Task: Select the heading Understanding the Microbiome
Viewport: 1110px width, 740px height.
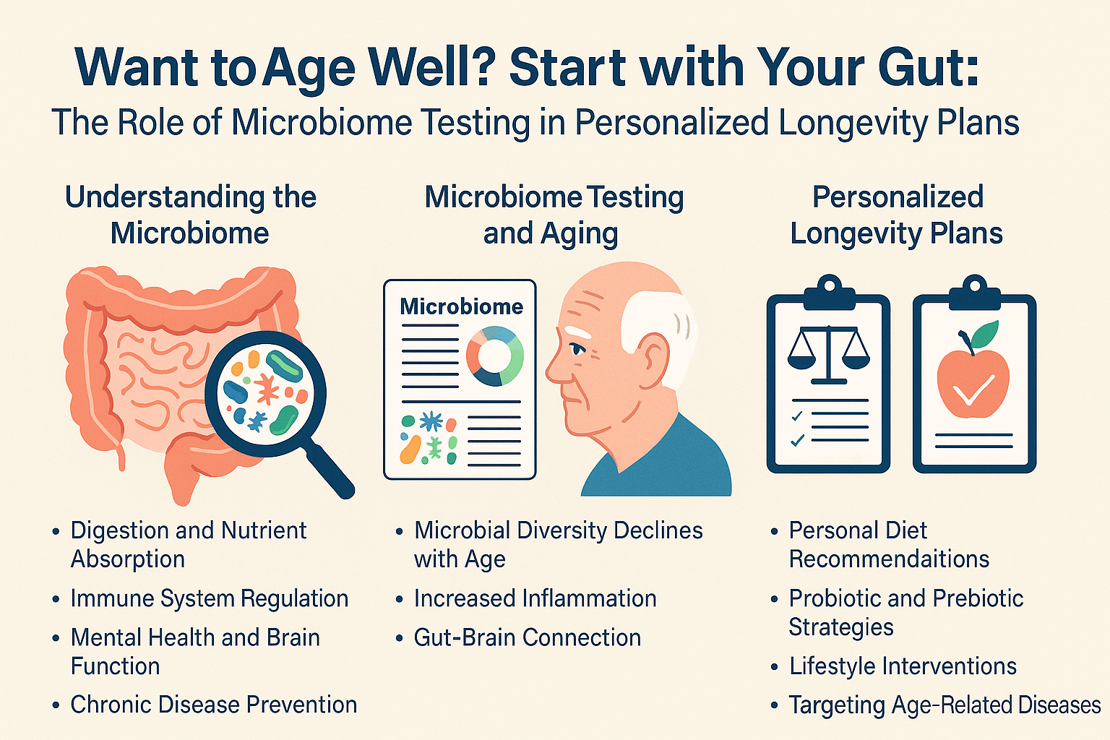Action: coord(191,215)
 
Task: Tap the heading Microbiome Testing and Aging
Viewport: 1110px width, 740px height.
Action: coord(553,215)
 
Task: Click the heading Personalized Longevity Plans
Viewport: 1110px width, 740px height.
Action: coord(897,215)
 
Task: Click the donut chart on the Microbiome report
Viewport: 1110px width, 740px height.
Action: coord(494,356)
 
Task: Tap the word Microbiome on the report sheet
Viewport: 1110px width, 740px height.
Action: coord(461,306)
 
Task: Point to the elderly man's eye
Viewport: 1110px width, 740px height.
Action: coord(576,349)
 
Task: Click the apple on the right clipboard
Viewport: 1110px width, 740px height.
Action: coord(973,383)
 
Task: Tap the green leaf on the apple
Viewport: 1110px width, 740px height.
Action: coord(984,334)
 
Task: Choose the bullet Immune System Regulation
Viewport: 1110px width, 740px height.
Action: coord(209,598)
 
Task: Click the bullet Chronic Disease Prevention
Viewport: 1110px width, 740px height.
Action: coord(213,705)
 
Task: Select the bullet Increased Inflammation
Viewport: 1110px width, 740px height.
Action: coord(535,598)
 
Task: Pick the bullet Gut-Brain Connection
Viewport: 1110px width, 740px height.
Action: coord(527,637)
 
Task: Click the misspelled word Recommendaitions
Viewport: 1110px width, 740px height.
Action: coord(889,559)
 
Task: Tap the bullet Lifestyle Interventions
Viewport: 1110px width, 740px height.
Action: coord(903,666)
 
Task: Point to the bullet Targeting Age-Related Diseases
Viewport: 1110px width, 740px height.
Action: coord(945,705)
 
